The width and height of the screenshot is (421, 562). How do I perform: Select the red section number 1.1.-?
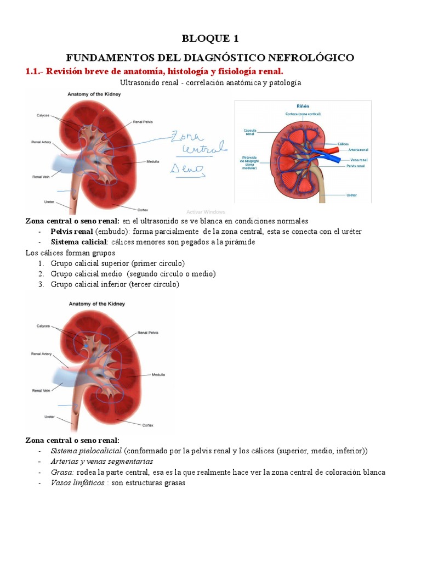click(x=37, y=71)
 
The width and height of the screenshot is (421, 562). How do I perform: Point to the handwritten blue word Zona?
click(x=187, y=136)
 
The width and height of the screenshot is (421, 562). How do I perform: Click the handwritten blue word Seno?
click(x=187, y=168)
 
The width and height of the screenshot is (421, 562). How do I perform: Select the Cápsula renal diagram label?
click(x=249, y=132)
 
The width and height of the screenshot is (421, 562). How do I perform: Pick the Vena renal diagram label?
click(x=358, y=160)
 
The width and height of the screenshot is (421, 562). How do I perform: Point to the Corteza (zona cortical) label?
click(x=303, y=114)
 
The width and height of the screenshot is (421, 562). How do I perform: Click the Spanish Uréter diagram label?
click(x=353, y=195)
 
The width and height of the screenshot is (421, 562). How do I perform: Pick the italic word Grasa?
click(x=62, y=473)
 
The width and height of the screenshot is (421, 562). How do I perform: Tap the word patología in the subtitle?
click(x=286, y=83)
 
